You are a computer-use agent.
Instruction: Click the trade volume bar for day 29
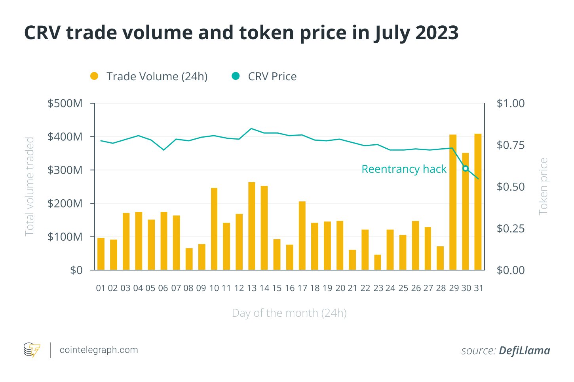[x=453, y=202]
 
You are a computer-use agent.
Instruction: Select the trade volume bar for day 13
[x=252, y=226]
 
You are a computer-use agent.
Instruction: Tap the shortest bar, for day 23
[x=378, y=263]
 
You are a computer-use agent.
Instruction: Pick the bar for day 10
[x=214, y=229]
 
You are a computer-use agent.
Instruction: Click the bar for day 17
[x=302, y=236]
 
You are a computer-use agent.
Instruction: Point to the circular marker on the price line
[x=466, y=168]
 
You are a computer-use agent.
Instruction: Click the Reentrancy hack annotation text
[x=404, y=169]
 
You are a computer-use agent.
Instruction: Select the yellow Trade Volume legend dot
[x=94, y=76]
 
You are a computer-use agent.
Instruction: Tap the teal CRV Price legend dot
[x=236, y=76]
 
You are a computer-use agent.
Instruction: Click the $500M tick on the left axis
[x=65, y=104]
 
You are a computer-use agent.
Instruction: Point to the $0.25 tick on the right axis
[x=511, y=229]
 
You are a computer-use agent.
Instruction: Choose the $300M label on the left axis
[x=65, y=170]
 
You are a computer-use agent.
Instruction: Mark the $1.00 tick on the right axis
[x=511, y=104]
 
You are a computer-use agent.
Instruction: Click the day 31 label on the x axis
[x=479, y=288]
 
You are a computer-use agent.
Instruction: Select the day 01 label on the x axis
[x=101, y=288]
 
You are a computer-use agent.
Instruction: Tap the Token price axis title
[x=543, y=186]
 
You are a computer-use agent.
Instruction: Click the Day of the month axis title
[x=289, y=313]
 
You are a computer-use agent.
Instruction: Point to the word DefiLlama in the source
[x=524, y=351]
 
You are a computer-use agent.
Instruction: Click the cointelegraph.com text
[x=99, y=350]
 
